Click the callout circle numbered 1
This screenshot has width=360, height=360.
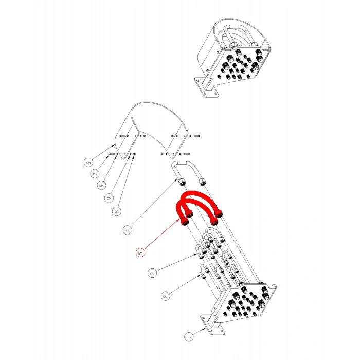click(189, 337)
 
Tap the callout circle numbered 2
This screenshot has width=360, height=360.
click(166, 296)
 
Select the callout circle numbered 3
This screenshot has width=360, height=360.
click(152, 273)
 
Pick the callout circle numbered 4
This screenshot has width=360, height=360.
click(128, 230)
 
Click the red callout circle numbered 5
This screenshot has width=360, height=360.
click(140, 253)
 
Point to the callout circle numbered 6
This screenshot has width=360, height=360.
click(88, 163)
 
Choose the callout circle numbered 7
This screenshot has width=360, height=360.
click(95, 174)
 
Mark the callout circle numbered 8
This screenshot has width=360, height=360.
click(117, 211)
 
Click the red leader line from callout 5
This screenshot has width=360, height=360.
click(162, 234)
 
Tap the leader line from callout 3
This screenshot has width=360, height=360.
click(177, 262)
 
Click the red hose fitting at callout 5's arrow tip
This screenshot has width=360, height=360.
click(184, 222)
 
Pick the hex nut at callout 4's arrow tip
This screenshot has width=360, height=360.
click(182, 183)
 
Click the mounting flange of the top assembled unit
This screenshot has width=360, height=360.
click(206, 87)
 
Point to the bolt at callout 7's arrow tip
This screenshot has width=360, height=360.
click(112, 154)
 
